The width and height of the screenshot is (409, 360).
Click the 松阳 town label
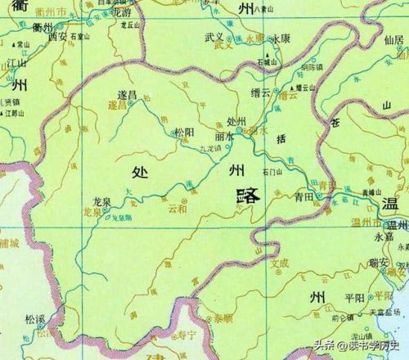(182, 131)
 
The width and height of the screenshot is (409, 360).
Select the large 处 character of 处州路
(139, 171)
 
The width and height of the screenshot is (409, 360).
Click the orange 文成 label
(281, 263)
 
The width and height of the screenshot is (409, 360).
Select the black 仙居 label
(391, 38)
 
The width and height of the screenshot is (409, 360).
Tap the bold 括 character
(284, 140)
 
